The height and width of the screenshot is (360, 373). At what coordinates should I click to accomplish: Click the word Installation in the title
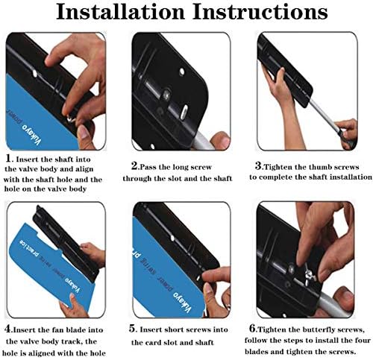[x=120, y=12]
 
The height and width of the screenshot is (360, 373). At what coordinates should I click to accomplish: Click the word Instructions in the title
[x=260, y=12]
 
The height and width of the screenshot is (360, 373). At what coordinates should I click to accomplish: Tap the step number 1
[x=8, y=158]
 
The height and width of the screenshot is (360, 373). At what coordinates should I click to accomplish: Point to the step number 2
[x=134, y=166]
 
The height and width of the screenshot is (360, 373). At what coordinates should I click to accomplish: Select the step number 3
[x=258, y=165]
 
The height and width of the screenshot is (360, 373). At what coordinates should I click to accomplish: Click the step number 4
[x=8, y=329]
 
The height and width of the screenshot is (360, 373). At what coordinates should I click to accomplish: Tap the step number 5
[x=132, y=329]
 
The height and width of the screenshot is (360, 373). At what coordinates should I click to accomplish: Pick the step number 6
[x=253, y=329]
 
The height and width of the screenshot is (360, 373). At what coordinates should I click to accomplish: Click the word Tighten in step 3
[x=278, y=167]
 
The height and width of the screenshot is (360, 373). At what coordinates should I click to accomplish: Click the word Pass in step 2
[x=147, y=167]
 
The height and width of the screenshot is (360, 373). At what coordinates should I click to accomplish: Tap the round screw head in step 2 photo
[x=166, y=94]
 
